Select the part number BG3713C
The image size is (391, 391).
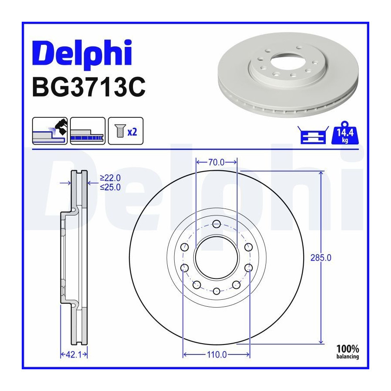click(x=89, y=87)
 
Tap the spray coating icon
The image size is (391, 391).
click(x=50, y=131)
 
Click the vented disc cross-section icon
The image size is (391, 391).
click(x=88, y=131)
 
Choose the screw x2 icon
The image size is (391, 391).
click(x=126, y=131)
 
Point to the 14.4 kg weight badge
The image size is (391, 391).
click(x=345, y=133)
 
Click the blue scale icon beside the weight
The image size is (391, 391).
click(x=313, y=135)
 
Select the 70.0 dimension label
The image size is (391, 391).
click(x=216, y=162)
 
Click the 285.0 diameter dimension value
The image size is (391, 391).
click(x=321, y=258)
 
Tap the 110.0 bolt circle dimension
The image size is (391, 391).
click(x=217, y=355)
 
